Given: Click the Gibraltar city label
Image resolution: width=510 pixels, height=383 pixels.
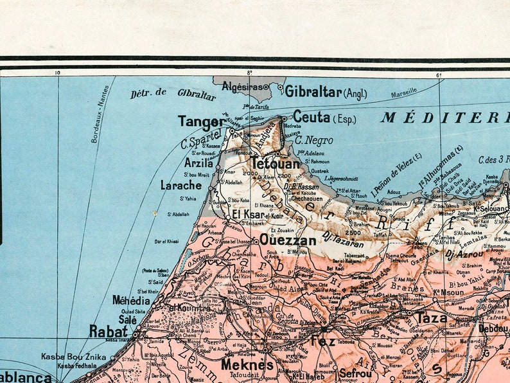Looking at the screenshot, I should [x=313, y=92].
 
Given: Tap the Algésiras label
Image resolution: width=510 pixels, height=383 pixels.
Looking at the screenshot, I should [x=242, y=85].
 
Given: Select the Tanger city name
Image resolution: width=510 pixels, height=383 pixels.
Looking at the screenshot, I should [x=202, y=121].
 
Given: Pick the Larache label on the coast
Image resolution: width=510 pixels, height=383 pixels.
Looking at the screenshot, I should [x=180, y=186].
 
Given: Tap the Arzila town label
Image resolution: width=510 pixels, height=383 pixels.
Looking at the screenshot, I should [x=198, y=163].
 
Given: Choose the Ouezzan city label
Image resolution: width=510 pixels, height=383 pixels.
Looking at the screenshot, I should [x=288, y=241].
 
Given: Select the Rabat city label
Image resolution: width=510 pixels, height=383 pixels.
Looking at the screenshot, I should [x=109, y=332].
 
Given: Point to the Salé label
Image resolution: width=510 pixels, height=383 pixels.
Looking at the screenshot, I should [x=127, y=319].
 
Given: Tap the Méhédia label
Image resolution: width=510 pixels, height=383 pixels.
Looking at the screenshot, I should [x=131, y=300].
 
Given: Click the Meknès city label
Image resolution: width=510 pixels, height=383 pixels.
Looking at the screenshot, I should [x=247, y=365].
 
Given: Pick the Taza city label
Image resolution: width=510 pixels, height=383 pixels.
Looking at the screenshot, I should [x=432, y=318].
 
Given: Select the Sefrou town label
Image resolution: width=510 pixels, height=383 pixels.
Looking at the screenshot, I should [x=355, y=373].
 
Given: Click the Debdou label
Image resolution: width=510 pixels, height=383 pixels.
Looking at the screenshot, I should [x=493, y=328].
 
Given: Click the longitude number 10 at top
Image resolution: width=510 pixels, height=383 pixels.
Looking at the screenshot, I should [x=58, y=73].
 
